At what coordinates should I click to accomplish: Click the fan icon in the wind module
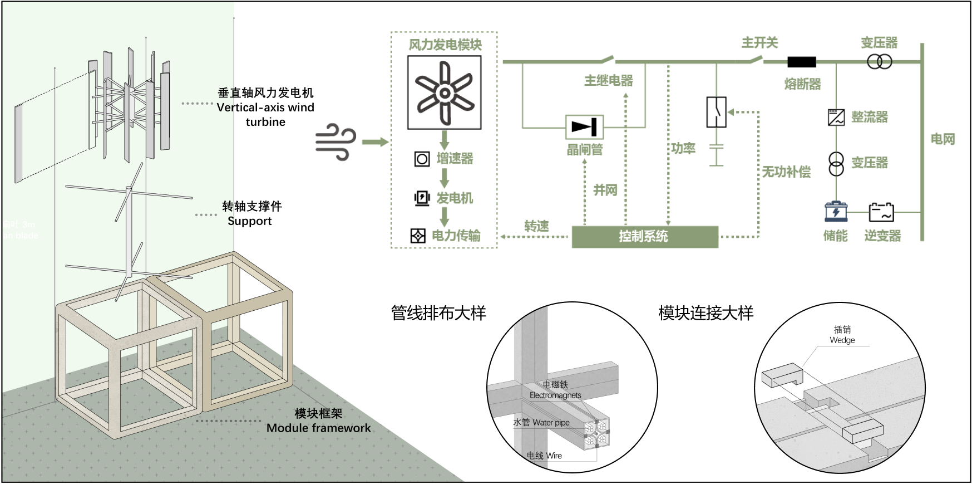445,92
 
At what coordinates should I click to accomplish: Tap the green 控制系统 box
644,236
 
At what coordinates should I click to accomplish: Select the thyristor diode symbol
584,127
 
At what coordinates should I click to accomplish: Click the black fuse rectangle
802,62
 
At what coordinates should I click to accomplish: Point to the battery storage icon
836,212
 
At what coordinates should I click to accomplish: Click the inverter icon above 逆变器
881,212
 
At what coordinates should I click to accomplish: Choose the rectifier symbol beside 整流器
836,117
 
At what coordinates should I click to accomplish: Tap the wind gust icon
335,142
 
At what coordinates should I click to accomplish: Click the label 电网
943,139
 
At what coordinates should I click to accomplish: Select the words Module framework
318,428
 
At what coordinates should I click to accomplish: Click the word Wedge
842,340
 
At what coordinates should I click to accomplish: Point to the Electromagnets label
555,395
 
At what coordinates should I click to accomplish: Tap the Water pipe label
550,423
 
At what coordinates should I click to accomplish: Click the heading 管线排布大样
438,313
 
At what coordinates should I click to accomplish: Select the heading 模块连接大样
705,313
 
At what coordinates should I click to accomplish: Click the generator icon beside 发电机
422,198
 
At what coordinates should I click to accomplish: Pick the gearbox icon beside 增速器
422,159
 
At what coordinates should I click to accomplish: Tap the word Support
249,221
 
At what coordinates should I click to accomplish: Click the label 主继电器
609,81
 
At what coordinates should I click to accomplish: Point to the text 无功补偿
786,172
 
